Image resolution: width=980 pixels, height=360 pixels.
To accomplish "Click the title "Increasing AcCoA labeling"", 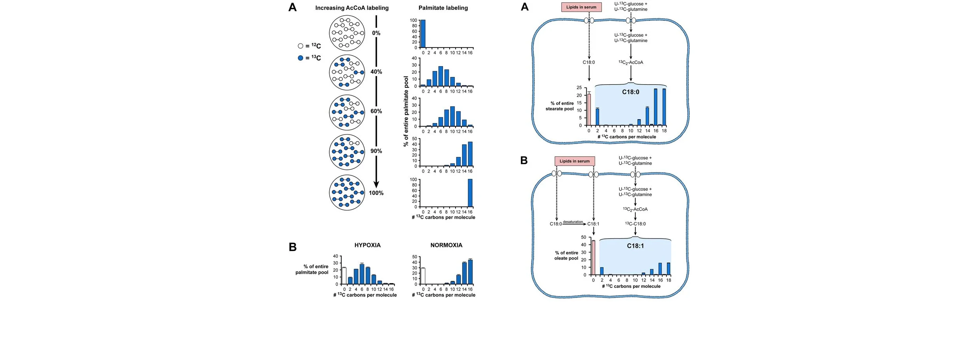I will coord(352,8).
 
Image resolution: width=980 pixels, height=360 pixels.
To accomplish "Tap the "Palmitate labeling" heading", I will coord(443,8).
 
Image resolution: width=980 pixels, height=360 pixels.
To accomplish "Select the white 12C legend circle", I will coord(301,46).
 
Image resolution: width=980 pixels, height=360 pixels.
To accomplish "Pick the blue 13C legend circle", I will coord(301,58).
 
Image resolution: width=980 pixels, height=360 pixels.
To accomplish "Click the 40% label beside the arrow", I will coord(376,72).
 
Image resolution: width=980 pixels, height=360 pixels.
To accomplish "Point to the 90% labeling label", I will coord(376,151).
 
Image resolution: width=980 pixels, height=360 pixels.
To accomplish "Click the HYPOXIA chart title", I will coord(367,245).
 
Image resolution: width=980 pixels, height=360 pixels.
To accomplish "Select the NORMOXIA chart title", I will coord(446,245).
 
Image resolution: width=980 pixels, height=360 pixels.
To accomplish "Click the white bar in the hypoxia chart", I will coord(344,276).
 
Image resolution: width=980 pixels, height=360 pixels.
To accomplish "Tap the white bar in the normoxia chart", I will coord(423,276).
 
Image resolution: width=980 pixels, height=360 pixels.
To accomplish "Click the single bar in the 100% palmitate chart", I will coord(470,193).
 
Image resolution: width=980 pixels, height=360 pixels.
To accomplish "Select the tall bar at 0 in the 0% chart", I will coord(423,34).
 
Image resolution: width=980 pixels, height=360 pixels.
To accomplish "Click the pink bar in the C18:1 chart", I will coord(593,258).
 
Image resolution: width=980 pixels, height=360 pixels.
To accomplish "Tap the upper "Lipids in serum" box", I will coord(581,7).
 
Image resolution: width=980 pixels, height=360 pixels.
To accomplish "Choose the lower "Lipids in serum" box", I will coord(574,161).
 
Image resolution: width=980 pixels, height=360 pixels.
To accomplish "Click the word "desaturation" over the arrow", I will coord(573,222).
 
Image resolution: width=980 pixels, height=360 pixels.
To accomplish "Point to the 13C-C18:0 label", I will coord(635,224).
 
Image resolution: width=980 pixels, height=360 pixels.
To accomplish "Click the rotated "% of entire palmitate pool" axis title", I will coord(406,111).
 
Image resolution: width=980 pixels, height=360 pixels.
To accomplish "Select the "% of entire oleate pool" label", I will coord(566,256).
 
